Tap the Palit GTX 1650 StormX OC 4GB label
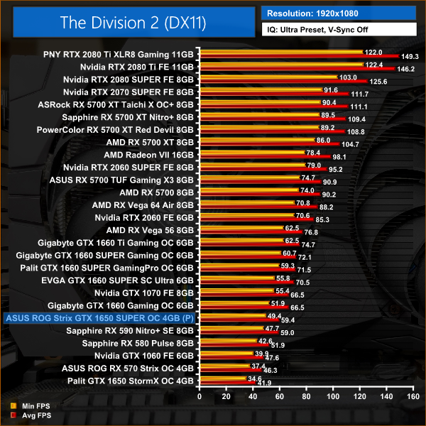coord(131,381)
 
